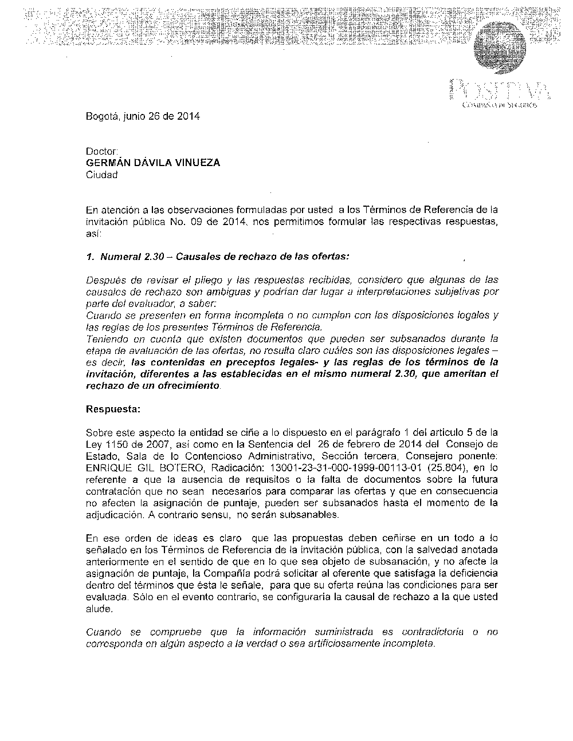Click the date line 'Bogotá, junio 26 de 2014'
click(143, 117)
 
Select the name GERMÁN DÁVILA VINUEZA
click(152, 163)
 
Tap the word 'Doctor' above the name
click(101, 152)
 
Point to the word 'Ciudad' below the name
click(101, 175)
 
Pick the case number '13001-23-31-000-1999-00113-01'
click(325, 467)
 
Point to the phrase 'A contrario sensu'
click(189, 514)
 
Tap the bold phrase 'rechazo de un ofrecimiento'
click(152, 385)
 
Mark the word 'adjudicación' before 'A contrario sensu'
click(114, 514)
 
